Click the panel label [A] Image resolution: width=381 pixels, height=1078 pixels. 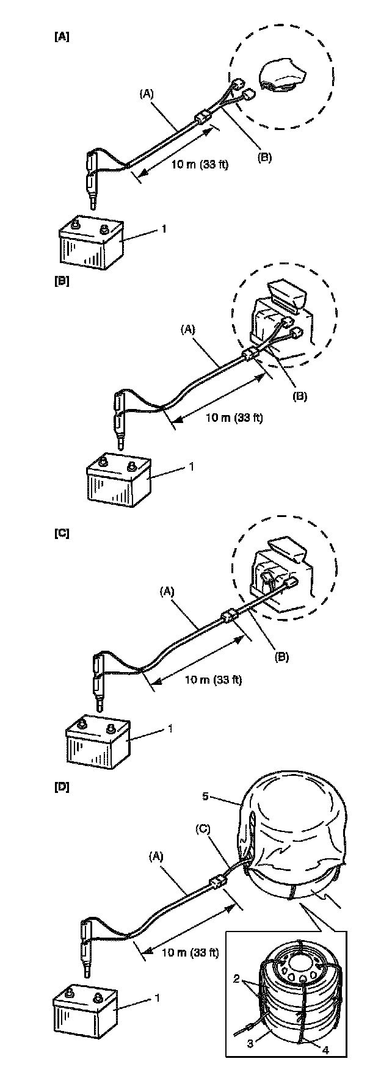pos(62,37)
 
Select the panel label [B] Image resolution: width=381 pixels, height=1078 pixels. pos(62,283)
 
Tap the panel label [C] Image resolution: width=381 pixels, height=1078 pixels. pos(62,533)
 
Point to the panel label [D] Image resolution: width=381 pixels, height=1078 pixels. pos(62,787)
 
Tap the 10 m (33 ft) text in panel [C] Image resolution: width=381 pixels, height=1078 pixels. pos(213,679)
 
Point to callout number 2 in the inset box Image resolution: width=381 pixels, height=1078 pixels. pos(235,978)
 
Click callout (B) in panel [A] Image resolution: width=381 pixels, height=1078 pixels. pos(264,157)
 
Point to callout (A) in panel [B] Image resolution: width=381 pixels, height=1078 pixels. pos(188,330)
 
